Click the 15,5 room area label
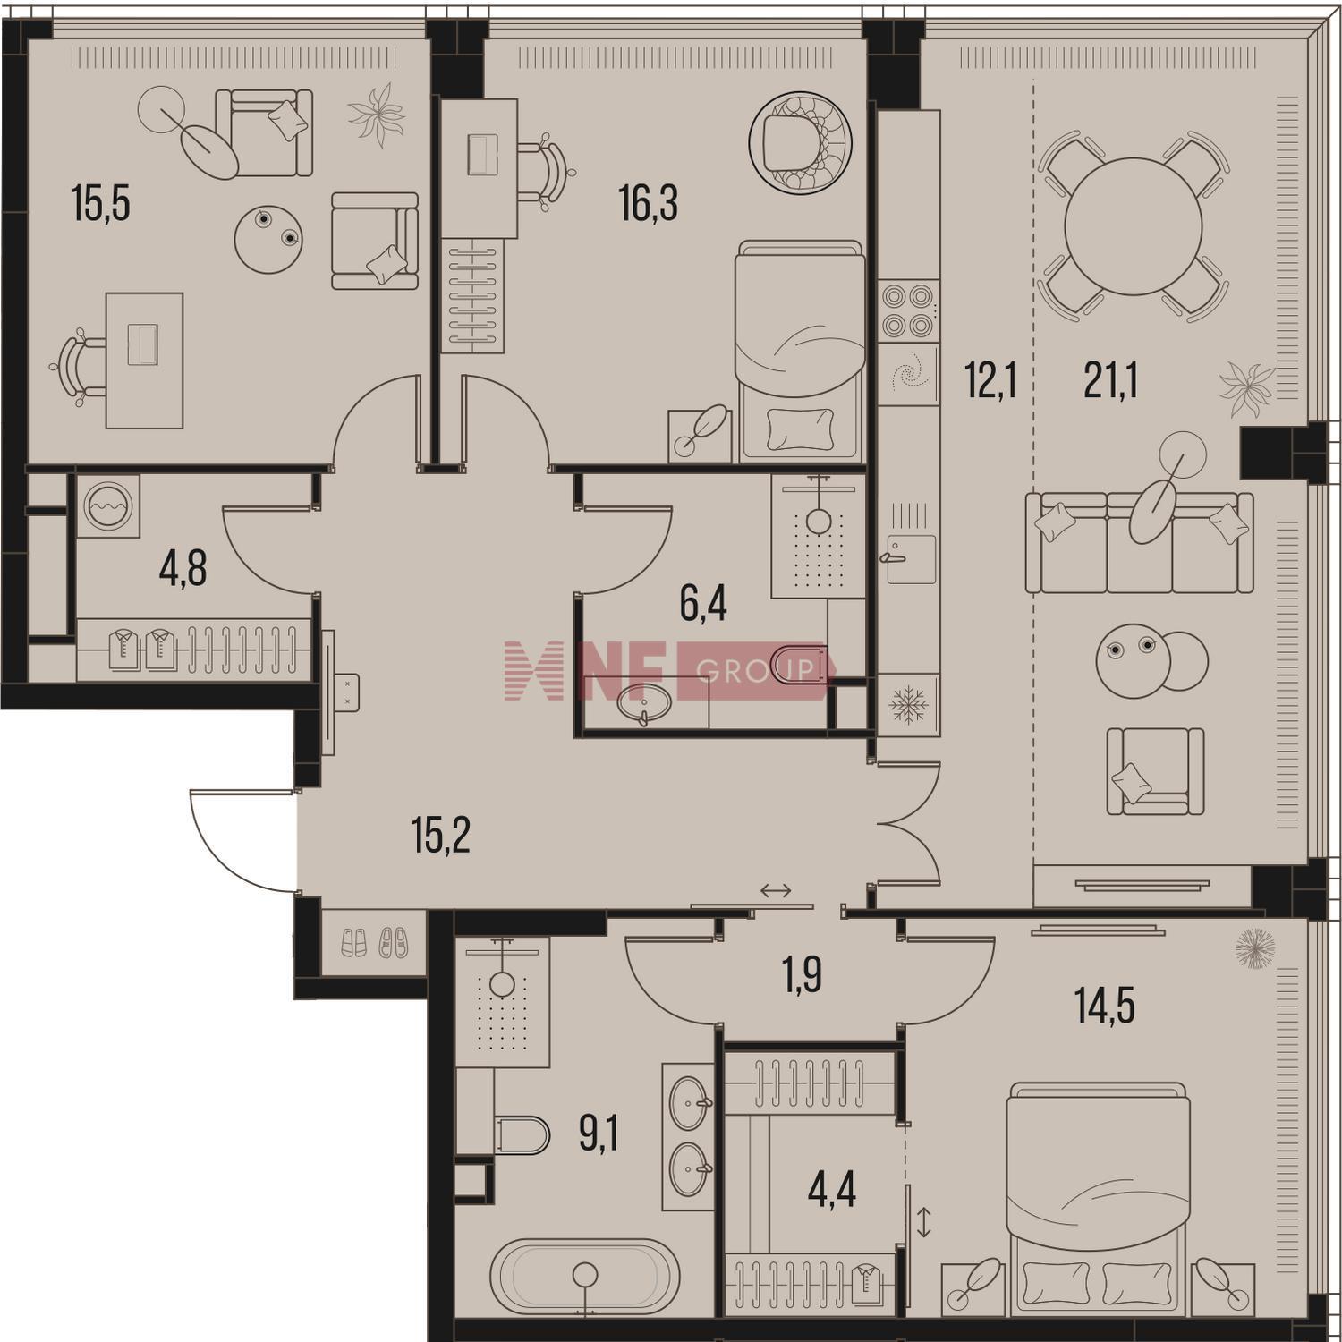[x=101, y=204]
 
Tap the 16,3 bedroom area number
[x=649, y=204]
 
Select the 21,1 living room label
[x=1110, y=381]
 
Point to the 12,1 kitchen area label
[x=990, y=381]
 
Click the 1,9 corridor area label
[x=803, y=976]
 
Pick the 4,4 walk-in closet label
[x=832, y=1191]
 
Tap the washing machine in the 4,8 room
[x=108, y=506]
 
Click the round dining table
[x=1133, y=226]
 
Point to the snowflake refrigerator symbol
[x=908, y=704]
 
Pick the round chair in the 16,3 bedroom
[x=800, y=144]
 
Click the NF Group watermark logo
[x=669, y=670]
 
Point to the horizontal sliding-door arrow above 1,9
[x=776, y=890]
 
